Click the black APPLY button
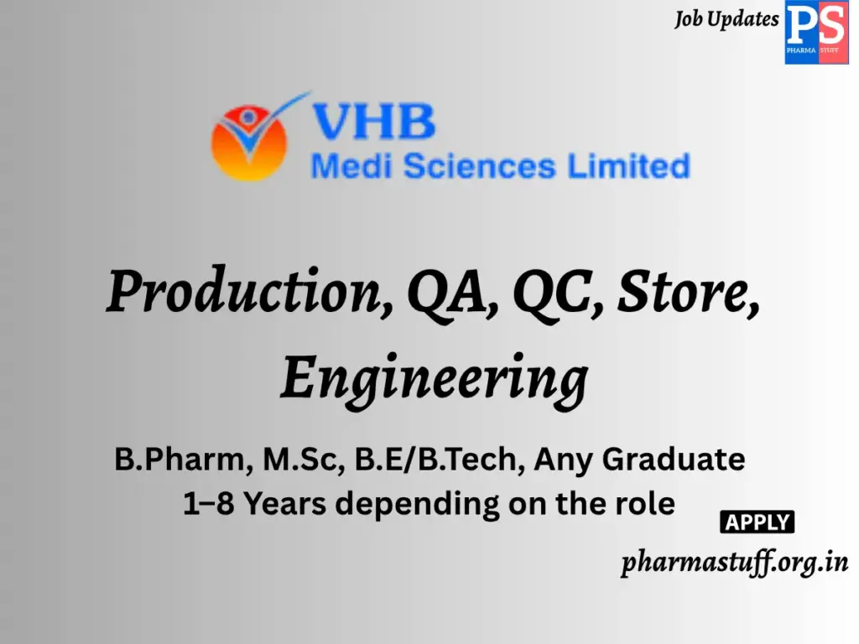(757, 522)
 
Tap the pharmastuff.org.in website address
(734, 563)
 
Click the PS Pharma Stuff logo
(815, 32)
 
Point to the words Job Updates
(726, 19)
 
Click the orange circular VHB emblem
(249, 142)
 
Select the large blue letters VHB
(373, 122)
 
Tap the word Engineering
(434, 378)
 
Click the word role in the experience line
(643, 504)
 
